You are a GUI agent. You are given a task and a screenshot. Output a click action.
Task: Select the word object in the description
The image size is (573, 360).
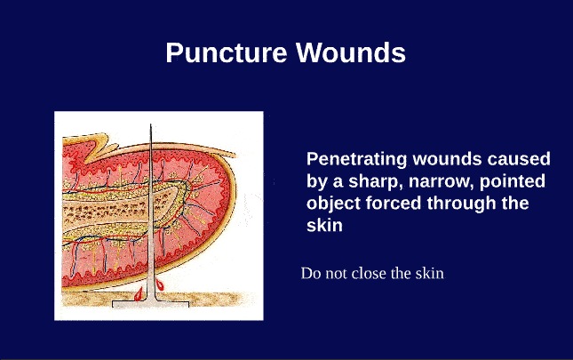[x=330, y=204]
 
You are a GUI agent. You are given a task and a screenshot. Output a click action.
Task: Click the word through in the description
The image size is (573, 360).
[x=454, y=204]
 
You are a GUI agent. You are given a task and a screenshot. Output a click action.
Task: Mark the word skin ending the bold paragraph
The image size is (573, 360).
[x=324, y=226]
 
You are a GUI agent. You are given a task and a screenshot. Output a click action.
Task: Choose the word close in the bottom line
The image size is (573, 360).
[x=368, y=274]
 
